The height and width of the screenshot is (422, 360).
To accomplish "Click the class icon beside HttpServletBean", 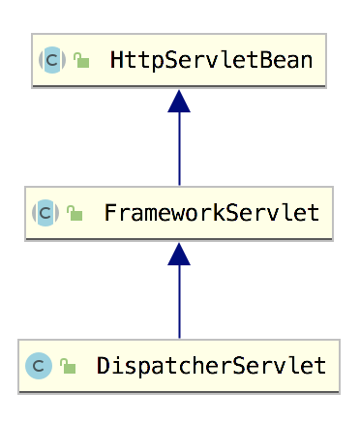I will tap(51, 60).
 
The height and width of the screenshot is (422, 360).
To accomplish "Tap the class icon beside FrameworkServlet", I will tap(45, 213).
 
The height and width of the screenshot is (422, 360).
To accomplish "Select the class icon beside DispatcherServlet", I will tap(39, 366).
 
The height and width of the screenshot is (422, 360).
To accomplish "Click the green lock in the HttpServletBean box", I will tap(82, 61).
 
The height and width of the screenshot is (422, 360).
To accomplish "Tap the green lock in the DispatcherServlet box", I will tap(68, 367).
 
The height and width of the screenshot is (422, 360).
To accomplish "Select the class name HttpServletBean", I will tap(211, 60).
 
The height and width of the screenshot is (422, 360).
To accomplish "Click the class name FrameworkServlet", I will tap(211, 213).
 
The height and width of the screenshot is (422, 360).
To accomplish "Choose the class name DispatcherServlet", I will tap(211, 366).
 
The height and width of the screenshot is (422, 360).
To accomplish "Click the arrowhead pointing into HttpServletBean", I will tap(179, 101).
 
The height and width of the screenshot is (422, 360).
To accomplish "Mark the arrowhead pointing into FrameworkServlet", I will tap(179, 254).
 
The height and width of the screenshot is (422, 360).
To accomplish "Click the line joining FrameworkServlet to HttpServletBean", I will tap(179, 150).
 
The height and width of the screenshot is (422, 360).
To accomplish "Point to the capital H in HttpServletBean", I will tap(116, 60).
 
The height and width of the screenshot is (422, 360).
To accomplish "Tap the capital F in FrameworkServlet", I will tap(109, 213).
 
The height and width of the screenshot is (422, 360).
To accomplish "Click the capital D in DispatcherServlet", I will tap(103, 366).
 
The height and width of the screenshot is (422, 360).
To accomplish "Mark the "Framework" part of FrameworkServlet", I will tap(161, 213).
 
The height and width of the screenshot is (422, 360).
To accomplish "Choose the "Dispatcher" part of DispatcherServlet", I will tap(159, 366).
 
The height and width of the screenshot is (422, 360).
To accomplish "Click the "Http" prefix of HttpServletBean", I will tap(134, 60).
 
